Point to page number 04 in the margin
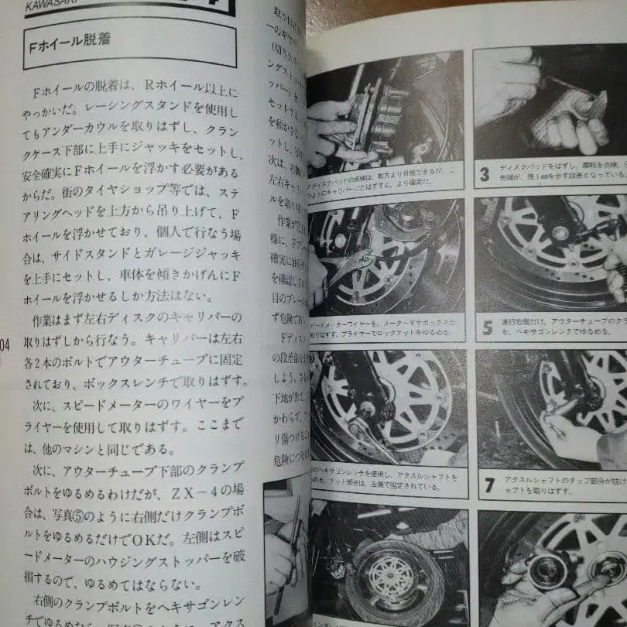5,345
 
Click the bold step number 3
485,173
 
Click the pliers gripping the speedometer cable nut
348,267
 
